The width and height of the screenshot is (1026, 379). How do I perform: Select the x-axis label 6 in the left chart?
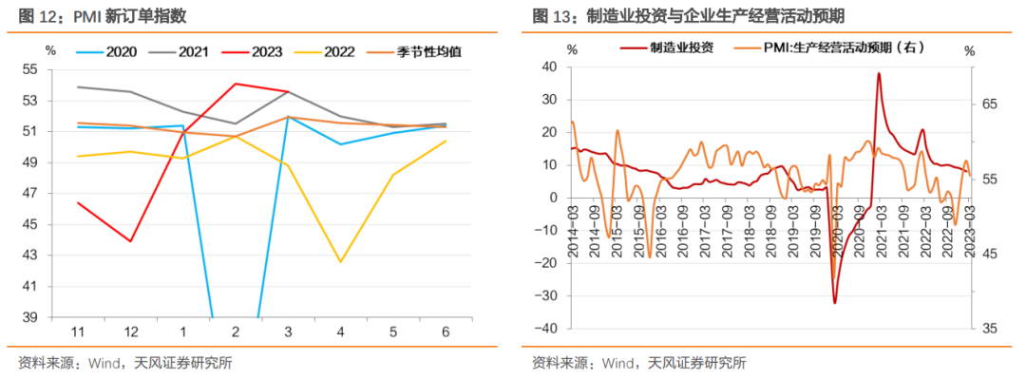point(446,332)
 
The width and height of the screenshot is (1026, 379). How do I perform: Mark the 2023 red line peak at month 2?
point(235,84)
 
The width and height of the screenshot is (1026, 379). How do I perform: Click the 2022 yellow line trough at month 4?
point(340,262)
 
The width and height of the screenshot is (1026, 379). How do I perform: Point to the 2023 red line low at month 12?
point(129,241)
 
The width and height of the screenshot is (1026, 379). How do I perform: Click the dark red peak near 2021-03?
point(878,73)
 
